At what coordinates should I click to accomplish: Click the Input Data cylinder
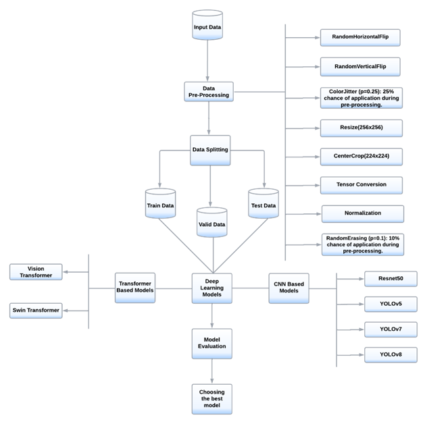(207, 28)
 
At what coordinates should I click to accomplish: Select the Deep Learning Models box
(214, 287)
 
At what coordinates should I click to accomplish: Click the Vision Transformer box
(35, 272)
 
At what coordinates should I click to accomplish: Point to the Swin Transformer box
(35, 310)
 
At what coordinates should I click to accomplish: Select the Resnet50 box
(390, 278)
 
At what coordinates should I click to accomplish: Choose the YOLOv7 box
(390, 329)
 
